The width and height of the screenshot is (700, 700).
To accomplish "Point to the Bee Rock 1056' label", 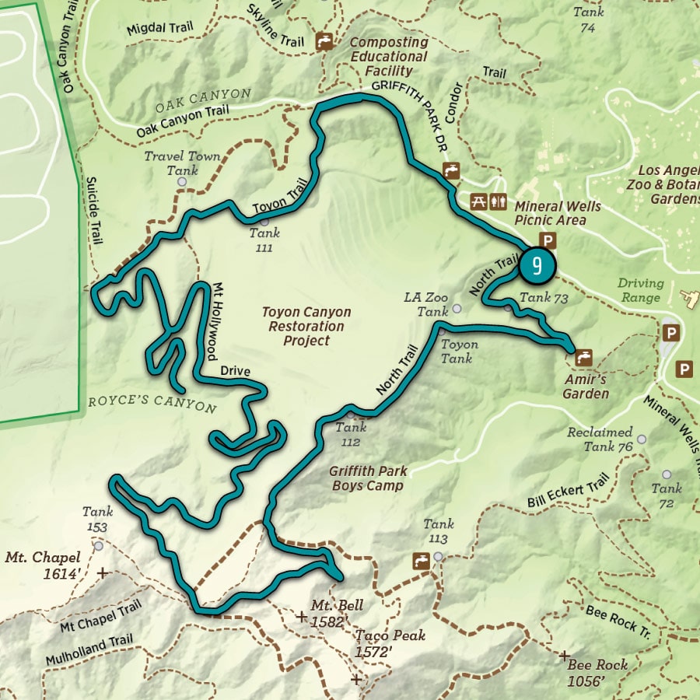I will tap(597, 673).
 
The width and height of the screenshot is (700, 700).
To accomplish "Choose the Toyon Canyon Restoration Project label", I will tap(306, 326).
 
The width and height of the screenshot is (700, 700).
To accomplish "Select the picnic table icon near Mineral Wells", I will tap(479, 201).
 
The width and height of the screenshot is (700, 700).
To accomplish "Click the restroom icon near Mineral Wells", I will tap(499, 201).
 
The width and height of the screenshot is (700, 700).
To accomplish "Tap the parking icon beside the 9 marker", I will tap(548, 240).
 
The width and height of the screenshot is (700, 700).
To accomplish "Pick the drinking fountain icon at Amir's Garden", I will tap(584, 358).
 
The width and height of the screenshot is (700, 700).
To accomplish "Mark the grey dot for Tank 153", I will tap(98, 546).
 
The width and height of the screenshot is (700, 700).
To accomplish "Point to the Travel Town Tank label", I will tap(183, 163).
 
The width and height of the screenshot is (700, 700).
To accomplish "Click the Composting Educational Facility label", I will tap(389, 57).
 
